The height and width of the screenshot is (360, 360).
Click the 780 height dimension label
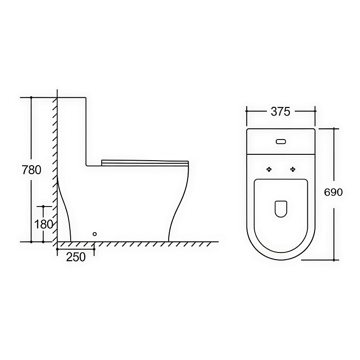click(x=31, y=170)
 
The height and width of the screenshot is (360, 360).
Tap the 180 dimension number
click(x=44, y=224)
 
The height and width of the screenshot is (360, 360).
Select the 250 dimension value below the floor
click(x=76, y=257)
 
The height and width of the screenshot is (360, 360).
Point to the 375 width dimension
click(x=280, y=112)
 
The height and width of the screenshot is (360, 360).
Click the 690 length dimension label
click(x=333, y=192)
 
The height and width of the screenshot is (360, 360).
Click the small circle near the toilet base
click(x=94, y=234)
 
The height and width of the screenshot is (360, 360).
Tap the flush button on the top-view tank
click(x=281, y=142)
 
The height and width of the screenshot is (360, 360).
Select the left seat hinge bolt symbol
click(x=269, y=170)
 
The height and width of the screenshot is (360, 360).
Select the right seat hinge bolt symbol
click(x=293, y=170)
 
